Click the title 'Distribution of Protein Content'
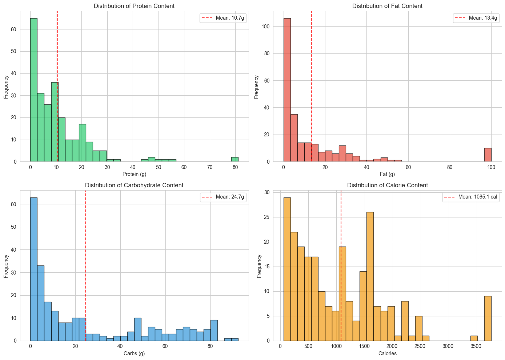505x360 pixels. pyautogui.click(x=134, y=6)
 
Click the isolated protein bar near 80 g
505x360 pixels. pyautogui.click(x=235, y=159)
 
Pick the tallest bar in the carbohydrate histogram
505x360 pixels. pyautogui.click(x=33, y=269)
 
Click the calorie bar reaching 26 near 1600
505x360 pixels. pyautogui.click(x=370, y=276)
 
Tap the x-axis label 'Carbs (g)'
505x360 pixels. pyautogui.click(x=134, y=353)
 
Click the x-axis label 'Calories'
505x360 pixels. pyautogui.click(x=387, y=353)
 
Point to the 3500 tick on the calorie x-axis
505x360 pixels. pyautogui.click(x=476, y=346)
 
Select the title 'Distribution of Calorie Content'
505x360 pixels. pyautogui.click(x=387, y=185)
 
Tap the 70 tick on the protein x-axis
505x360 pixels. pyautogui.click(x=209, y=167)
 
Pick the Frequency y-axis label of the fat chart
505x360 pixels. pyautogui.click(x=256, y=87)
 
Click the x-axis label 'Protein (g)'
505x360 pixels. pyautogui.click(x=134, y=174)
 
